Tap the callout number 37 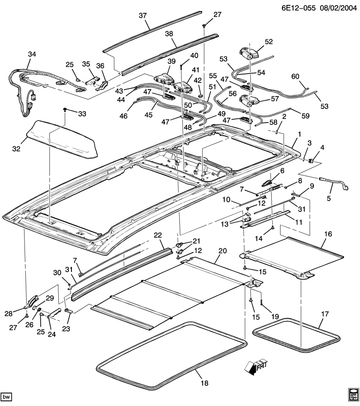[x=143, y=16]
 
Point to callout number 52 [x=269, y=41]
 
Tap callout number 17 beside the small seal [x=324, y=314]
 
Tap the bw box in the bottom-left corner [x=6, y=397]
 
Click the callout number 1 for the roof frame [x=299, y=134]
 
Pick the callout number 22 [x=158, y=235]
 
